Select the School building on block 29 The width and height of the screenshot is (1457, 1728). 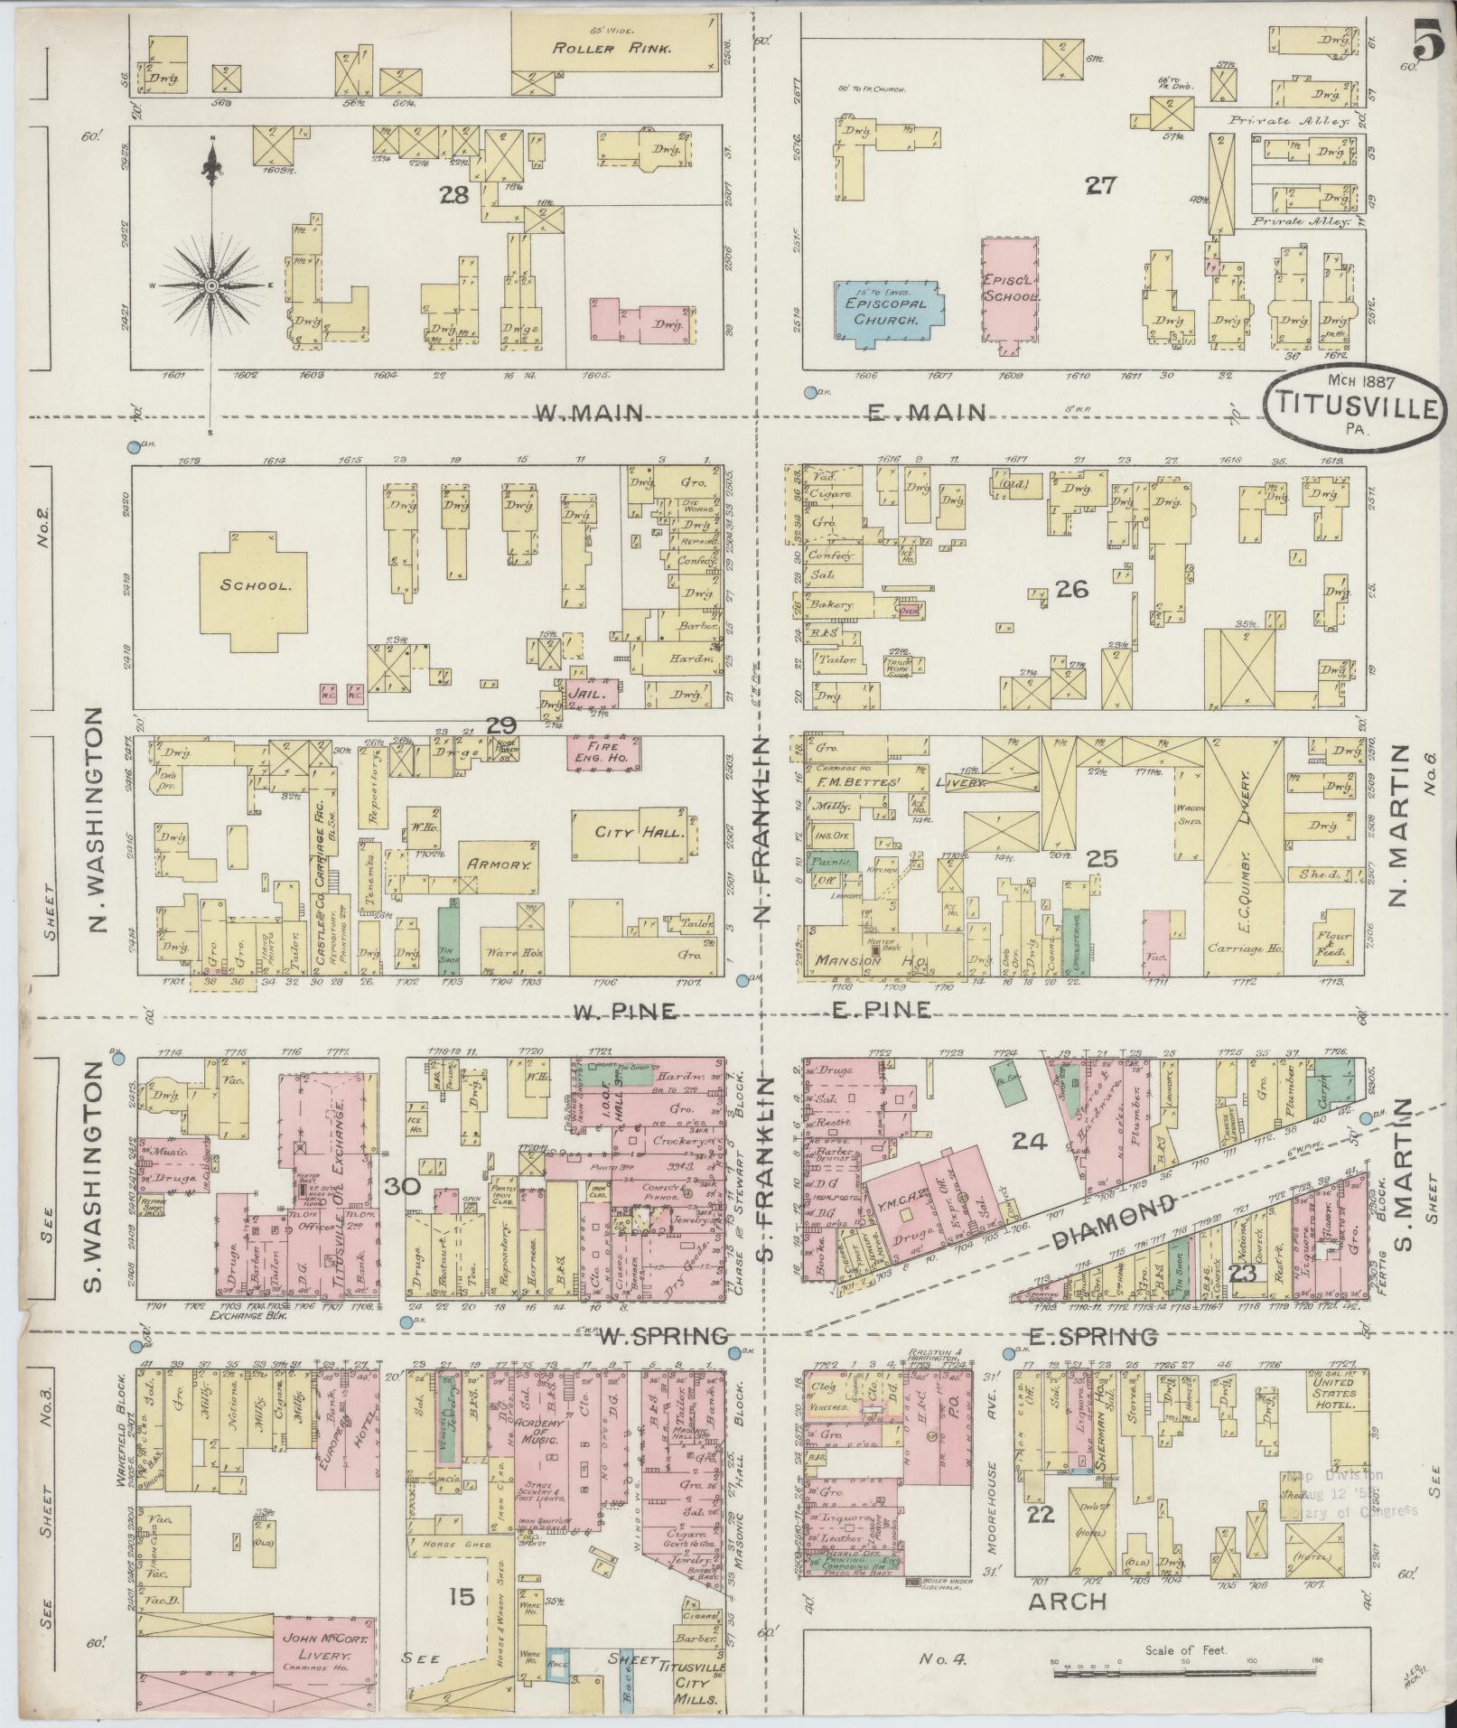coord(248,584)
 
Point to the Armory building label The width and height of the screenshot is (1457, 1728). coord(496,864)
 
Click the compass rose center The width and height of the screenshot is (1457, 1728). coord(211,285)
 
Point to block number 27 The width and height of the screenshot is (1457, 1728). coord(1101,186)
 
